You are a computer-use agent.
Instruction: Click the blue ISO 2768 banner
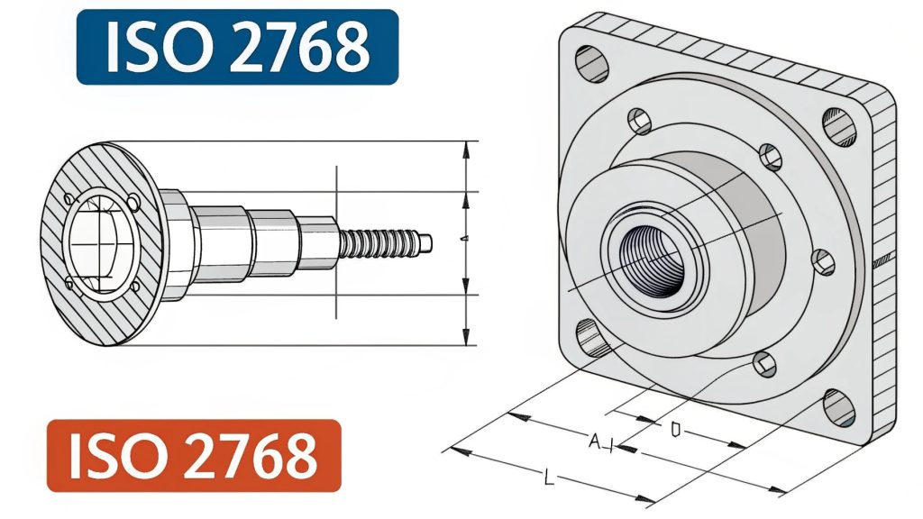point(237,47)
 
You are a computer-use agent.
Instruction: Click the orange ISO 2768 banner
point(194,455)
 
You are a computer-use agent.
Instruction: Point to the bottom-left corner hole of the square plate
point(590,338)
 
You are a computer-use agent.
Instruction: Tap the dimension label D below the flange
point(675,431)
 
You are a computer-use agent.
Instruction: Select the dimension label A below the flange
point(595,442)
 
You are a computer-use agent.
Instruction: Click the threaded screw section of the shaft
point(379,243)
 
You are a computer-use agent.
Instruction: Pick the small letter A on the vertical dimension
point(462,238)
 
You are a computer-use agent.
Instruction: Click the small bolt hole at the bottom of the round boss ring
point(764,364)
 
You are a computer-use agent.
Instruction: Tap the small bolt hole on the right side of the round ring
point(823,261)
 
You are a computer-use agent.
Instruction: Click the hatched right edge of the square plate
point(886,270)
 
